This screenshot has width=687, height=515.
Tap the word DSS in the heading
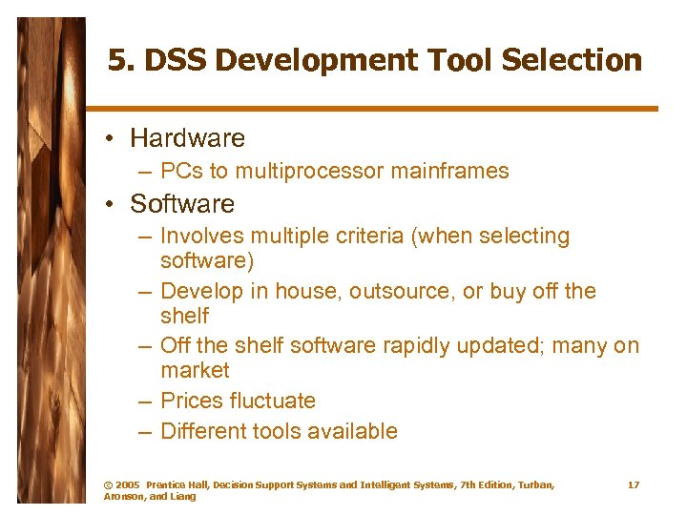pos(176,61)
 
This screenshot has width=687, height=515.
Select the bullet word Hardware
pos(187,138)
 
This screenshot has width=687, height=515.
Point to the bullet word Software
pos(181,204)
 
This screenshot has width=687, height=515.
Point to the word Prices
pos(190,401)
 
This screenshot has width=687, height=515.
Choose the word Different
pos(202,431)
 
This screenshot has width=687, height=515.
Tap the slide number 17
pos(634,485)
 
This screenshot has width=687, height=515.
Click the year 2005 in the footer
pos(129,485)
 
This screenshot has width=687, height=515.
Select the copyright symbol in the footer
pos(108,485)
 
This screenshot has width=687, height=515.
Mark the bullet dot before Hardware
pos(112,139)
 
